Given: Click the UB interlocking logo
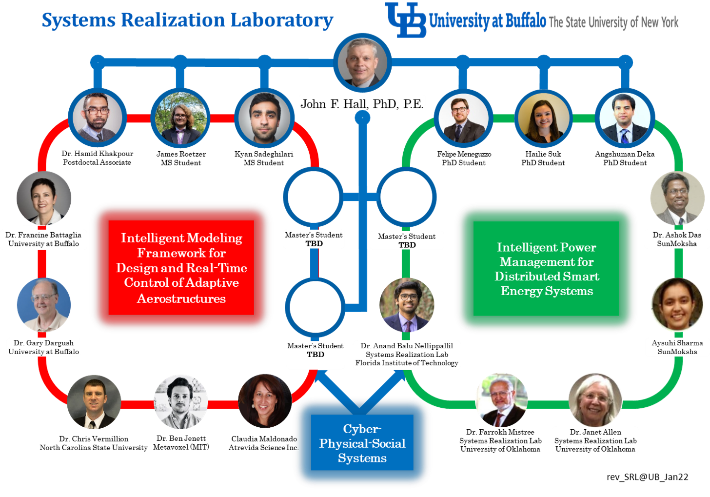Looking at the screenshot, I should [406, 20].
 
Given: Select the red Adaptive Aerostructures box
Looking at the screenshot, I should [181, 268].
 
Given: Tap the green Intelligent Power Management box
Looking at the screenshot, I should [546, 269].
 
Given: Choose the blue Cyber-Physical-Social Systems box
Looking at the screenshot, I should [362, 443].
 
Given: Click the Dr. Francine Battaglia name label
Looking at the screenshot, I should [43, 239].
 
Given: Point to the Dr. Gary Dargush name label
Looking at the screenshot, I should [43, 347].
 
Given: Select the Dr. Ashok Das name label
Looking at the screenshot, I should [677, 239].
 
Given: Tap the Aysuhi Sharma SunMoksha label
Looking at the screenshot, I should [677, 347].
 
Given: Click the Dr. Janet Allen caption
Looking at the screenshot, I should [595, 440].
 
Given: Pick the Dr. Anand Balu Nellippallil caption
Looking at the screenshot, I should [407, 355].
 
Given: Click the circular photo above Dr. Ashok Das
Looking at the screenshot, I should [677, 198].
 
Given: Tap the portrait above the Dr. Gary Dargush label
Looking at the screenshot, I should [44, 305].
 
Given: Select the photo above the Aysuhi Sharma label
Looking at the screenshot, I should [677, 305].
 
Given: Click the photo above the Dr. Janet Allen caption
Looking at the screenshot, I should [595, 399].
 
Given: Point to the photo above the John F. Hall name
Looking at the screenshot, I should [363, 62].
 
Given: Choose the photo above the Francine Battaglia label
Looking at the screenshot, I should [44, 198].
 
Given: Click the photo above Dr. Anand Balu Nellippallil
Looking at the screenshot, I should [407, 305].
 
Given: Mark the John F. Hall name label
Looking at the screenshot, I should [362, 101].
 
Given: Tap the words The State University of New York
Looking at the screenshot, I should [613, 22].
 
